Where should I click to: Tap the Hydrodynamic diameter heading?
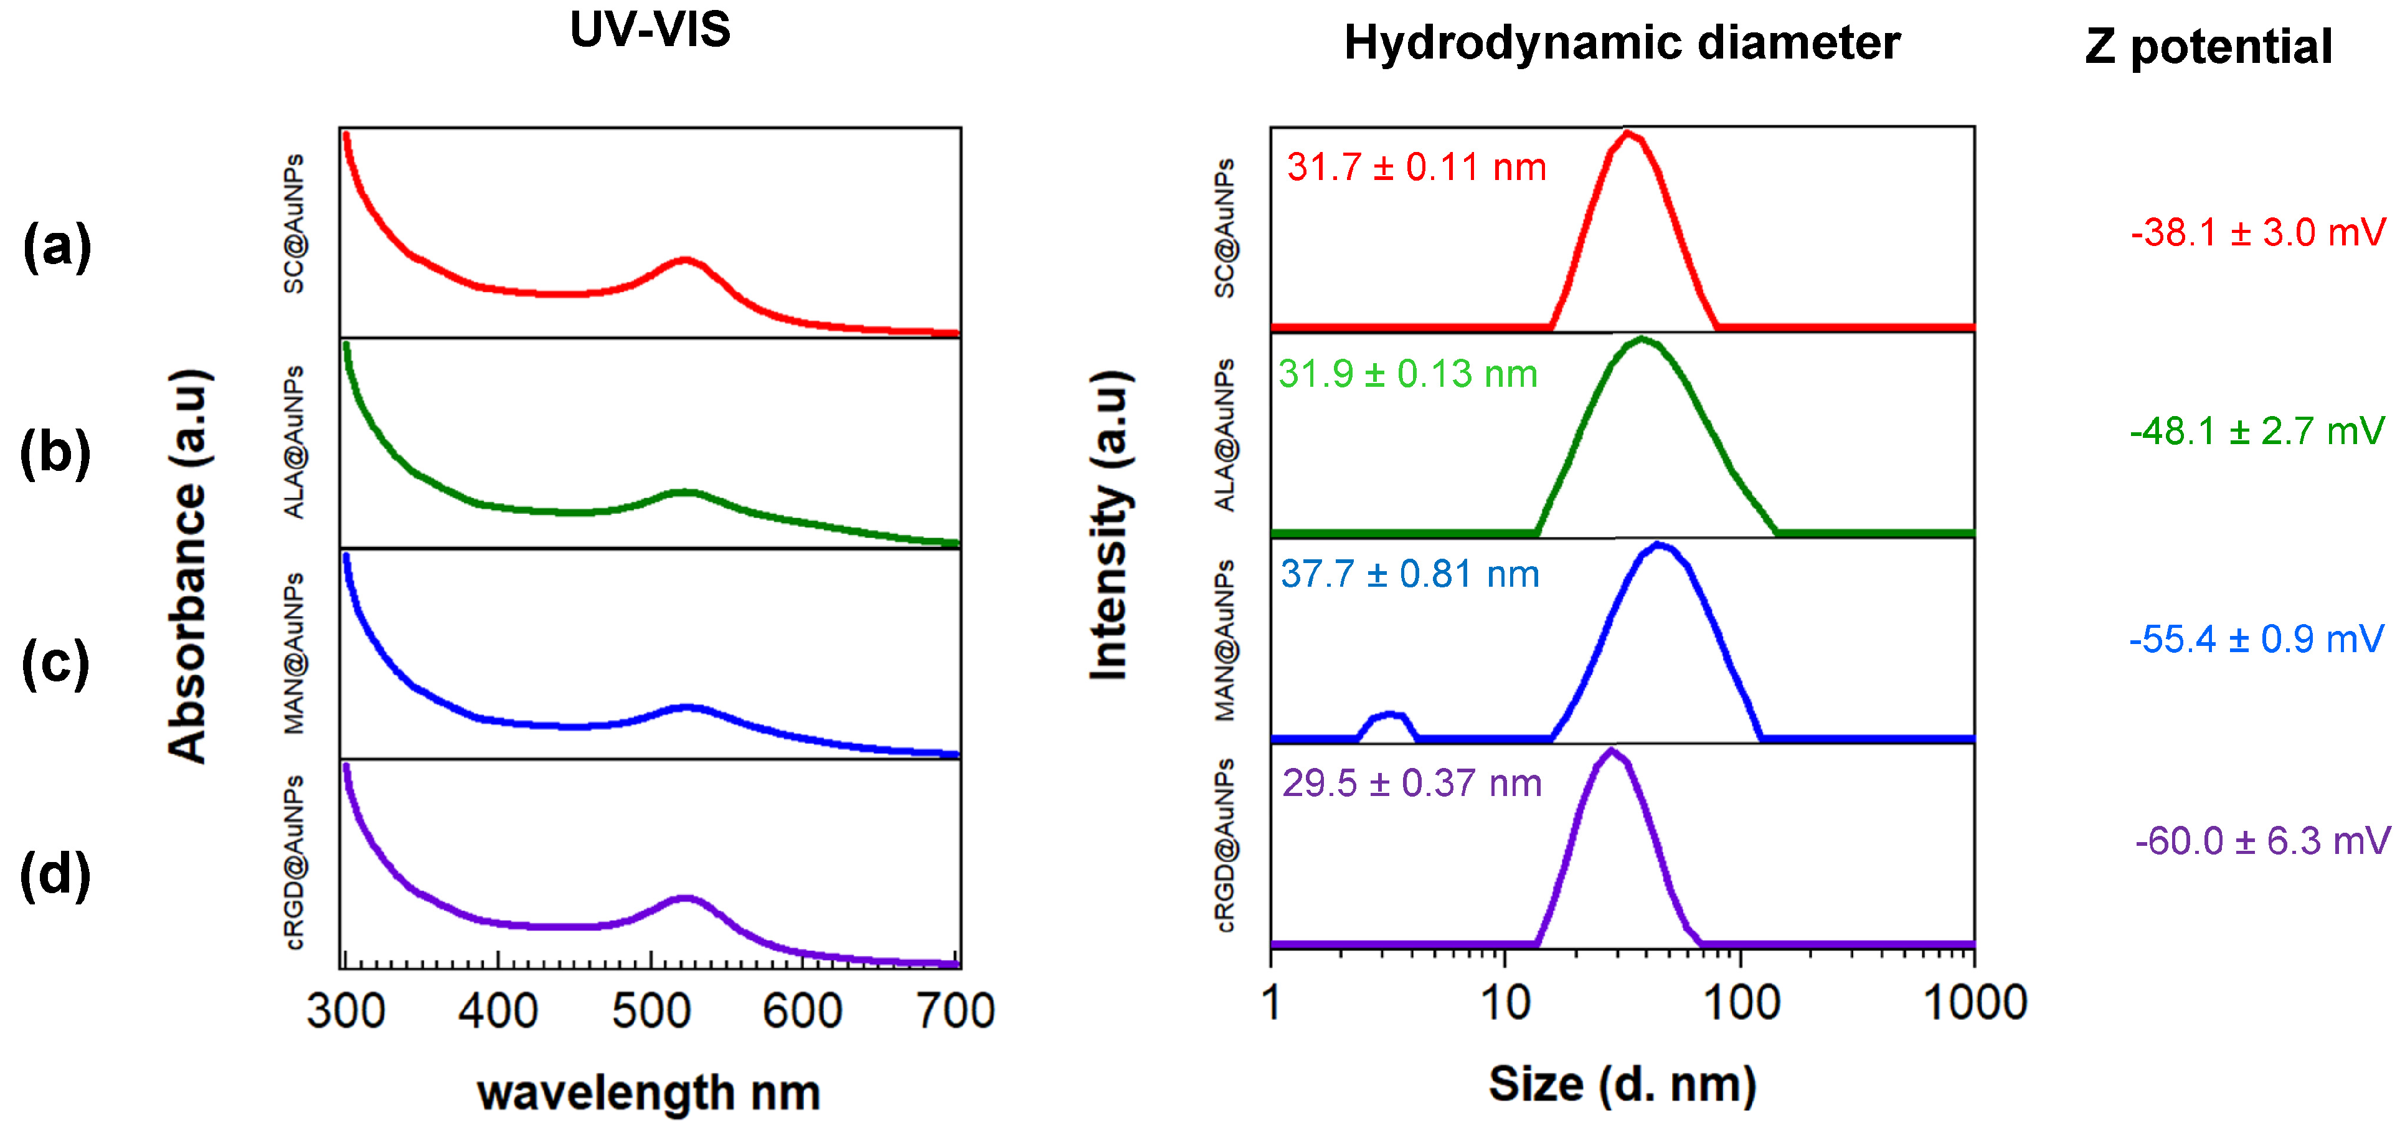point(1622,43)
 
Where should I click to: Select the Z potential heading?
point(2208,47)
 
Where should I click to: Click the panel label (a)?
point(57,247)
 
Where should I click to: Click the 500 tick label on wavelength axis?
point(651,1012)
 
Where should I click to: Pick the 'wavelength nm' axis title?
point(649,1092)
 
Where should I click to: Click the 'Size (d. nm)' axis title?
point(1622,1085)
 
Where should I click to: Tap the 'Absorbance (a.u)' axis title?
point(189,566)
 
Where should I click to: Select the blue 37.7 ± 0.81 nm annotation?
point(1410,574)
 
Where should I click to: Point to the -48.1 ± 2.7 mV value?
point(2257,432)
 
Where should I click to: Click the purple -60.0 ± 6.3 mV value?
point(2262,841)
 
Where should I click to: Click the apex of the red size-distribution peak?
point(1628,133)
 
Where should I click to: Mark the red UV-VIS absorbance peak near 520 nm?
point(684,260)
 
